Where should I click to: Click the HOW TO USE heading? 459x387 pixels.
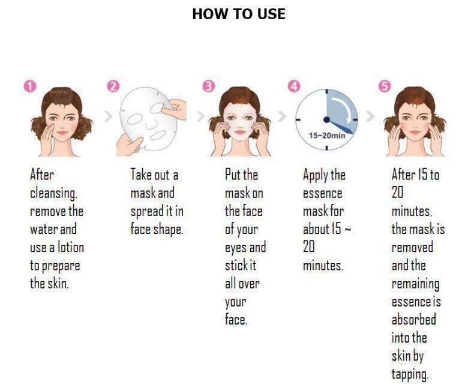click(x=239, y=14)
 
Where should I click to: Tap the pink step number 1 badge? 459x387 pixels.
click(x=30, y=86)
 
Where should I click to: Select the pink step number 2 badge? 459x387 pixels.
click(x=113, y=86)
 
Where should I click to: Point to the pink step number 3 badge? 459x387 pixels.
click(x=209, y=86)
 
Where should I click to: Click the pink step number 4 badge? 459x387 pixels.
click(x=294, y=86)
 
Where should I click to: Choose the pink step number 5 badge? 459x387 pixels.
click(x=385, y=86)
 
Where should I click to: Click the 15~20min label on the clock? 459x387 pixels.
click(x=327, y=136)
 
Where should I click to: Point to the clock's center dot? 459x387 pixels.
click(x=326, y=119)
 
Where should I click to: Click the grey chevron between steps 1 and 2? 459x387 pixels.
click(x=109, y=116)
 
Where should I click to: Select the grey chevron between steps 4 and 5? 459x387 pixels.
click(x=370, y=116)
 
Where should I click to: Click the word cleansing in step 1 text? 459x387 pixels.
click(x=53, y=193)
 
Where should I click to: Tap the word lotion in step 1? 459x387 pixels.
click(x=71, y=247)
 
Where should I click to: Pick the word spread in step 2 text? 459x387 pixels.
click(x=147, y=212)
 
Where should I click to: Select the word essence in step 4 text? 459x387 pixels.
click(x=322, y=194)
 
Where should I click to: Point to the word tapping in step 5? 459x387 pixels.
click(x=410, y=375)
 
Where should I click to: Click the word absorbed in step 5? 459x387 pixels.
click(x=413, y=319)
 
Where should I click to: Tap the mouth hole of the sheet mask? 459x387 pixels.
click(x=157, y=136)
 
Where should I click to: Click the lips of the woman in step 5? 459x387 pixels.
click(x=415, y=133)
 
